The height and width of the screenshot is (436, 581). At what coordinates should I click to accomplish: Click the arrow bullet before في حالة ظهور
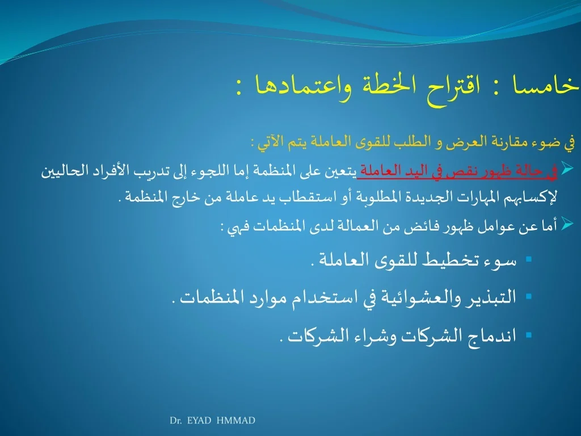(x=567, y=168)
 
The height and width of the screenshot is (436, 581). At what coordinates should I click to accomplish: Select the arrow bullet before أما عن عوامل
(x=567, y=224)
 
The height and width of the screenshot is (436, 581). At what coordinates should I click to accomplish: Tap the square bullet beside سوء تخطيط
(x=529, y=259)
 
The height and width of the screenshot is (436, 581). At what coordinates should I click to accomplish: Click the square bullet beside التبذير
(x=529, y=296)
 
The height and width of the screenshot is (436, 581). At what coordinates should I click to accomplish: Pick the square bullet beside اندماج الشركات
(x=529, y=335)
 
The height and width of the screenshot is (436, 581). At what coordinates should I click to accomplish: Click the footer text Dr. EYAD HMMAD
(x=212, y=421)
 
